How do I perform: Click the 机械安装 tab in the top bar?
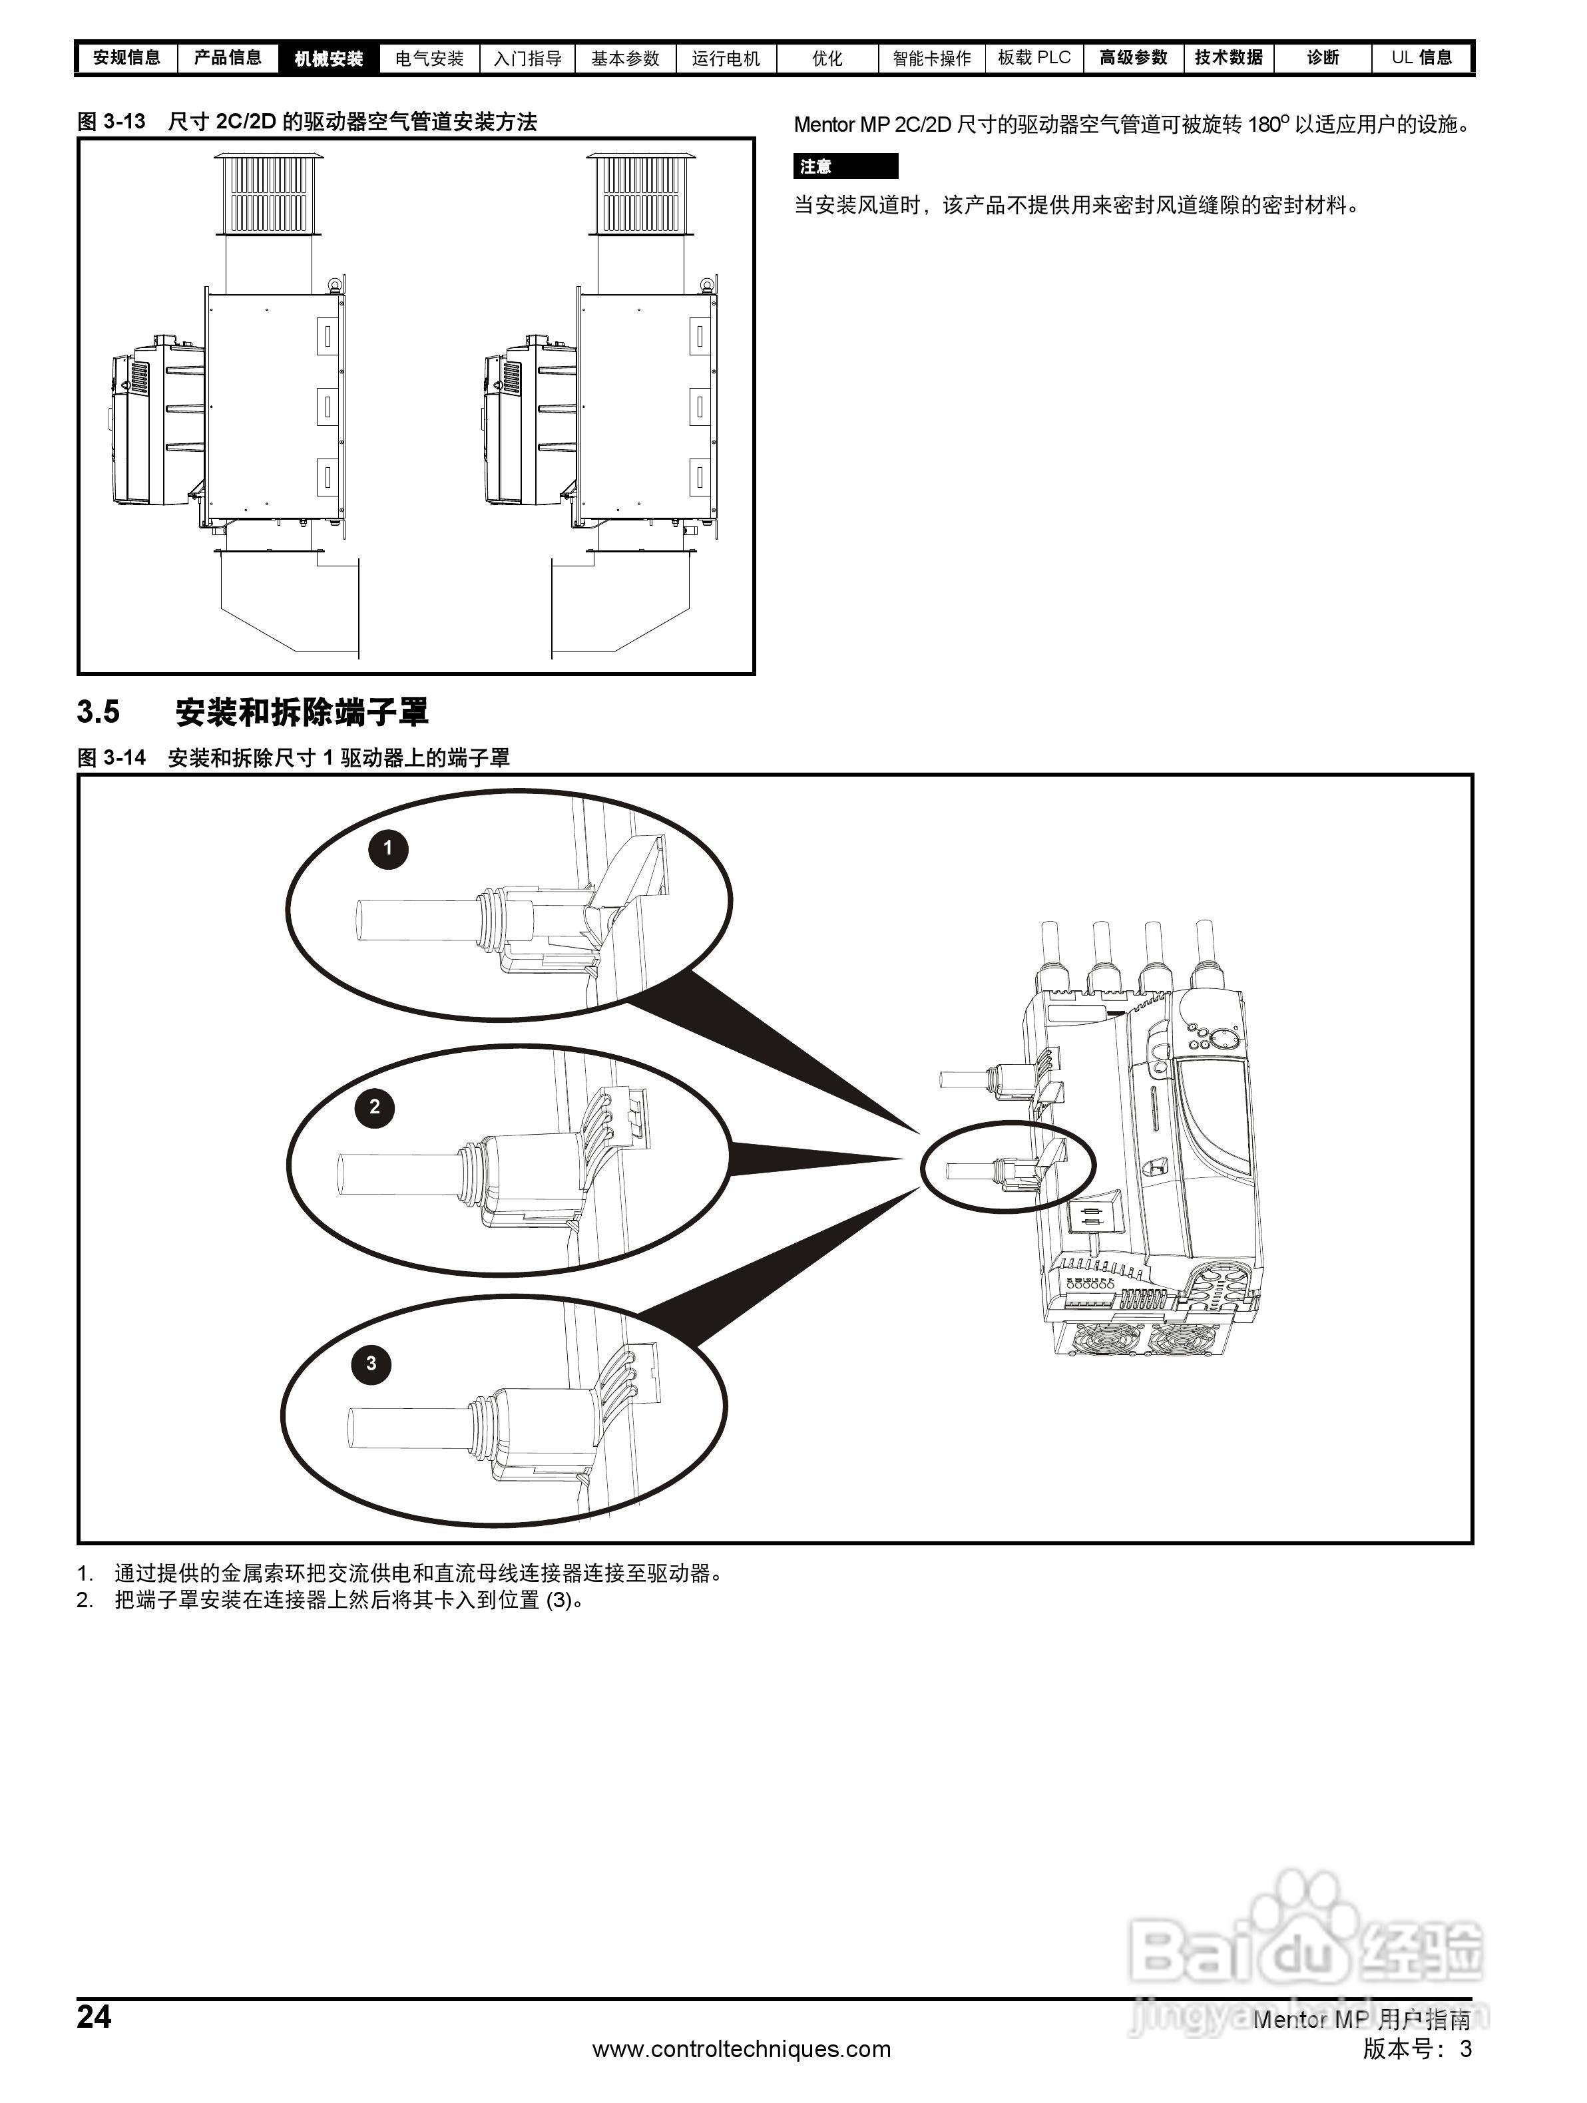(328, 58)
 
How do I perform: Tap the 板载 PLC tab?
(1034, 58)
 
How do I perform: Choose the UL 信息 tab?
(1421, 58)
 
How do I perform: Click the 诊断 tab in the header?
(1323, 58)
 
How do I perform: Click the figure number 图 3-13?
(111, 122)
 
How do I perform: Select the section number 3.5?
(99, 712)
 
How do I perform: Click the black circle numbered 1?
(388, 848)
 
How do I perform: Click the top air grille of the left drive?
(269, 193)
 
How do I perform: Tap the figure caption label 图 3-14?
(111, 758)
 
